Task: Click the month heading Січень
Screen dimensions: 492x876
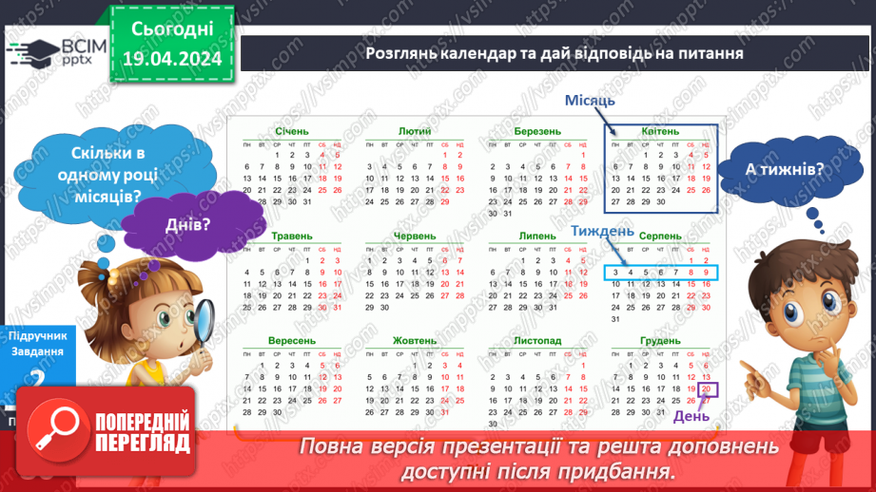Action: point(291,131)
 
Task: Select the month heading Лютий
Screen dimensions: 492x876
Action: point(415,131)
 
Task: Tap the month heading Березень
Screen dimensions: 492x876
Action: point(537,131)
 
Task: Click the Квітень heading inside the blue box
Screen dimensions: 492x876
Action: point(660,131)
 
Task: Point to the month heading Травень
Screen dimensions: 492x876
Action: point(291,236)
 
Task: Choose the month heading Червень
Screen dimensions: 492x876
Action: point(415,236)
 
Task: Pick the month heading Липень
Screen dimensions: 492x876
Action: point(537,236)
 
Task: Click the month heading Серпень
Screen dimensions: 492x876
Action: point(660,236)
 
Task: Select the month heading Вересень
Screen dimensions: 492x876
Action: point(291,340)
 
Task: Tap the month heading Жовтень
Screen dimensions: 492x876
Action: point(415,340)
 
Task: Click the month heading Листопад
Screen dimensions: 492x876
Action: point(537,340)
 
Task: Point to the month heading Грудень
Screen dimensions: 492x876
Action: point(660,340)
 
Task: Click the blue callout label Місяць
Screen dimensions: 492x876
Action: point(590,101)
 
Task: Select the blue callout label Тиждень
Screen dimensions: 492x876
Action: point(602,231)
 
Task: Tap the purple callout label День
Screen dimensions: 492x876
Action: point(691,416)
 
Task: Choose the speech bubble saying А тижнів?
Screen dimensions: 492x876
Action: point(771,169)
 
